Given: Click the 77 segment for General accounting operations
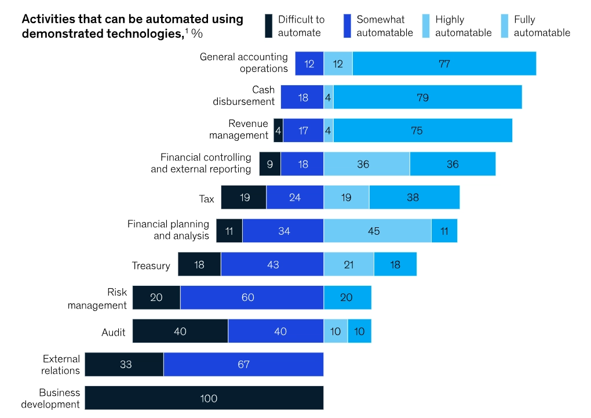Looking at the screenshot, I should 444,64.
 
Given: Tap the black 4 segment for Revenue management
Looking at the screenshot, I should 279,131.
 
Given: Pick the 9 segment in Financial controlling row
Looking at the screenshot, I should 270,164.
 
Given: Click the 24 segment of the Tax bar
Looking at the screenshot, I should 295,198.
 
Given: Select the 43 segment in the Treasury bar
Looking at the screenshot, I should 272,264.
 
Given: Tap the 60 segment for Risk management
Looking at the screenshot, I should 251,297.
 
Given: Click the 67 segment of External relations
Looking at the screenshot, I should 243,365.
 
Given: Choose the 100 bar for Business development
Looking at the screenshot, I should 204,398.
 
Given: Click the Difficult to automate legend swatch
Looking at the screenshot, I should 268,26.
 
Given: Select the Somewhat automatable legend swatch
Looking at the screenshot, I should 347,26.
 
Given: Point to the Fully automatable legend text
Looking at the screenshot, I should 542,26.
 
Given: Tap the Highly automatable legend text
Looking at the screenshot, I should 463,26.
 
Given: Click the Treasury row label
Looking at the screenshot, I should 151,266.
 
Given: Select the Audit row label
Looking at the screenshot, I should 114,333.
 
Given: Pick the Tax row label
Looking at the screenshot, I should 206,199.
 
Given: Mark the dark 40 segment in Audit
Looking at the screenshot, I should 180,331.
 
